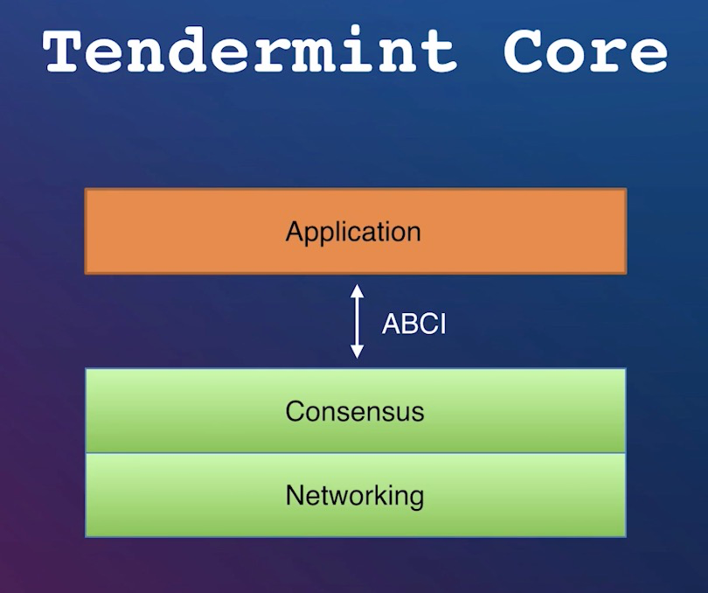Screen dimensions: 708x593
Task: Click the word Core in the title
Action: click(585, 51)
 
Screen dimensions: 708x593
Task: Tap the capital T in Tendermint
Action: click(63, 51)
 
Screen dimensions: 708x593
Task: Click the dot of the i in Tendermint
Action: click(356, 31)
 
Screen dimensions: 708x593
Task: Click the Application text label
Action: click(353, 233)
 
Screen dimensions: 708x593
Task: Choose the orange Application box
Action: click(356, 231)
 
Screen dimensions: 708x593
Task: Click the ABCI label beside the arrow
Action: click(413, 324)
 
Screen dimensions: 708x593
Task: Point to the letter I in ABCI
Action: click(442, 324)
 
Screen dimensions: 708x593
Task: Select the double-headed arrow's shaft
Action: click(357, 321)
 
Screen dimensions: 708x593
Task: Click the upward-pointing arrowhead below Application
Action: click(357, 290)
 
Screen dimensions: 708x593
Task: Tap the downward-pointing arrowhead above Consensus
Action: click(357, 352)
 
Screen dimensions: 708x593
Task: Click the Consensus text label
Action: click(355, 411)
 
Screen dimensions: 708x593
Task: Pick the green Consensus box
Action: click(356, 410)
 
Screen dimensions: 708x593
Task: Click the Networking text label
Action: click(355, 496)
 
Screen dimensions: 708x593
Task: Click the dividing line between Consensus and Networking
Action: click(356, 452)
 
